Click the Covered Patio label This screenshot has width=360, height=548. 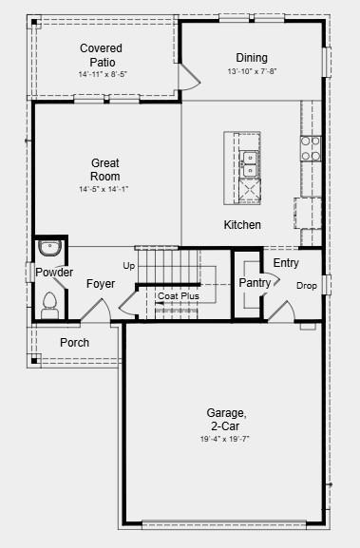pyautogui.click(x=101, y=55)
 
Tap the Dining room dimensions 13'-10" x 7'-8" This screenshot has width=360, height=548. pyautogui.click(x=252, y=71)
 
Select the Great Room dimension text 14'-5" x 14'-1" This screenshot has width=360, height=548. pyautogui.click(x=104, y=189)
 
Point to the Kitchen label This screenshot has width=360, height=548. pyautogui.click(x=242, y=225)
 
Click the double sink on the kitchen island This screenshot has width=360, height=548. pyautogui.click(x=250, y=163)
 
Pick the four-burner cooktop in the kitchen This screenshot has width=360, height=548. pyautogui.click(x=311, y=148)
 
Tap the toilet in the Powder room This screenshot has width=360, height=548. pyautogui.click(x=50, y=306)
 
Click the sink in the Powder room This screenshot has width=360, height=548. pyautogui.click(x=50, y=248)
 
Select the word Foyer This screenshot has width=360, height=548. pyautogui.click(x=101, y=284)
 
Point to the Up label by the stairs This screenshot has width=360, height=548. pyautogui.click(x=129, y=266)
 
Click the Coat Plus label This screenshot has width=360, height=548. pyautogui.click(x=179, y=296)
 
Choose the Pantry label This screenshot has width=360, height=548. pyautogui.click(x=255, y=283)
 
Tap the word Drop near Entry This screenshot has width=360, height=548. pyautogui.click(x=307, y=286)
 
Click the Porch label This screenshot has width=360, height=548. pyautogui.click(x=74, y=343)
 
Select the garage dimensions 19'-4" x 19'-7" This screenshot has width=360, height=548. pyautogui.click(x=224, y=439)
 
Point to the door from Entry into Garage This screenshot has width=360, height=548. pyautogui.click(x=282, y=312)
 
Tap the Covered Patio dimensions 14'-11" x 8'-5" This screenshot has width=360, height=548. pyautogui.click(x=102, y=74)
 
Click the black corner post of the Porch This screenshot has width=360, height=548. pyautogui.click(x=34, y=360)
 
